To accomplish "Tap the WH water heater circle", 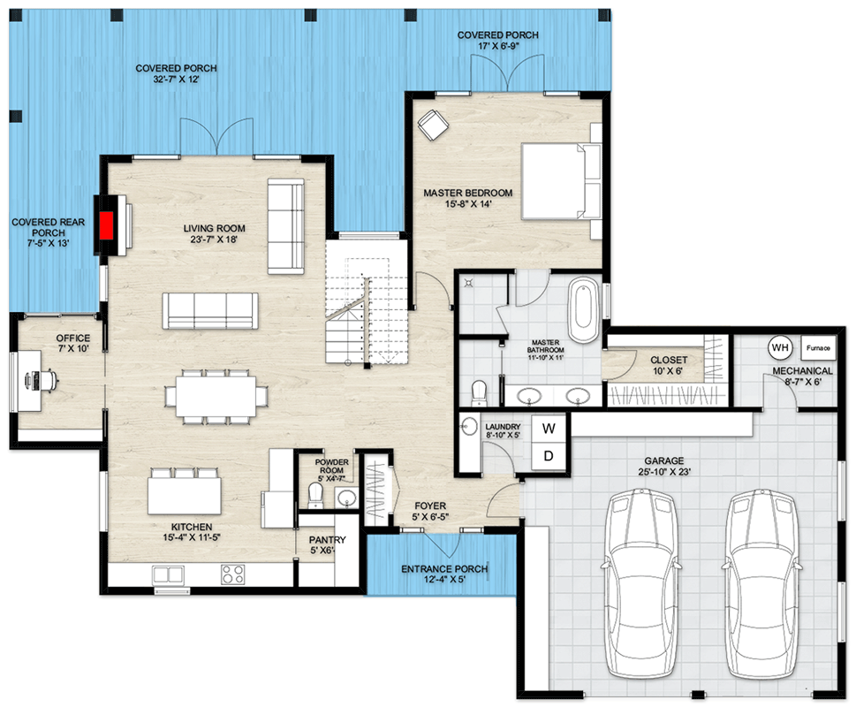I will (779, 346).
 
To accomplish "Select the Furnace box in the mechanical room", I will (818, 347).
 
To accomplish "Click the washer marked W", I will (549, 429).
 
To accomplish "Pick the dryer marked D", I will (549, 456).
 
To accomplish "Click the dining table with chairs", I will (216, 394).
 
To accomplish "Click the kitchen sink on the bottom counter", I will (169, 575).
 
